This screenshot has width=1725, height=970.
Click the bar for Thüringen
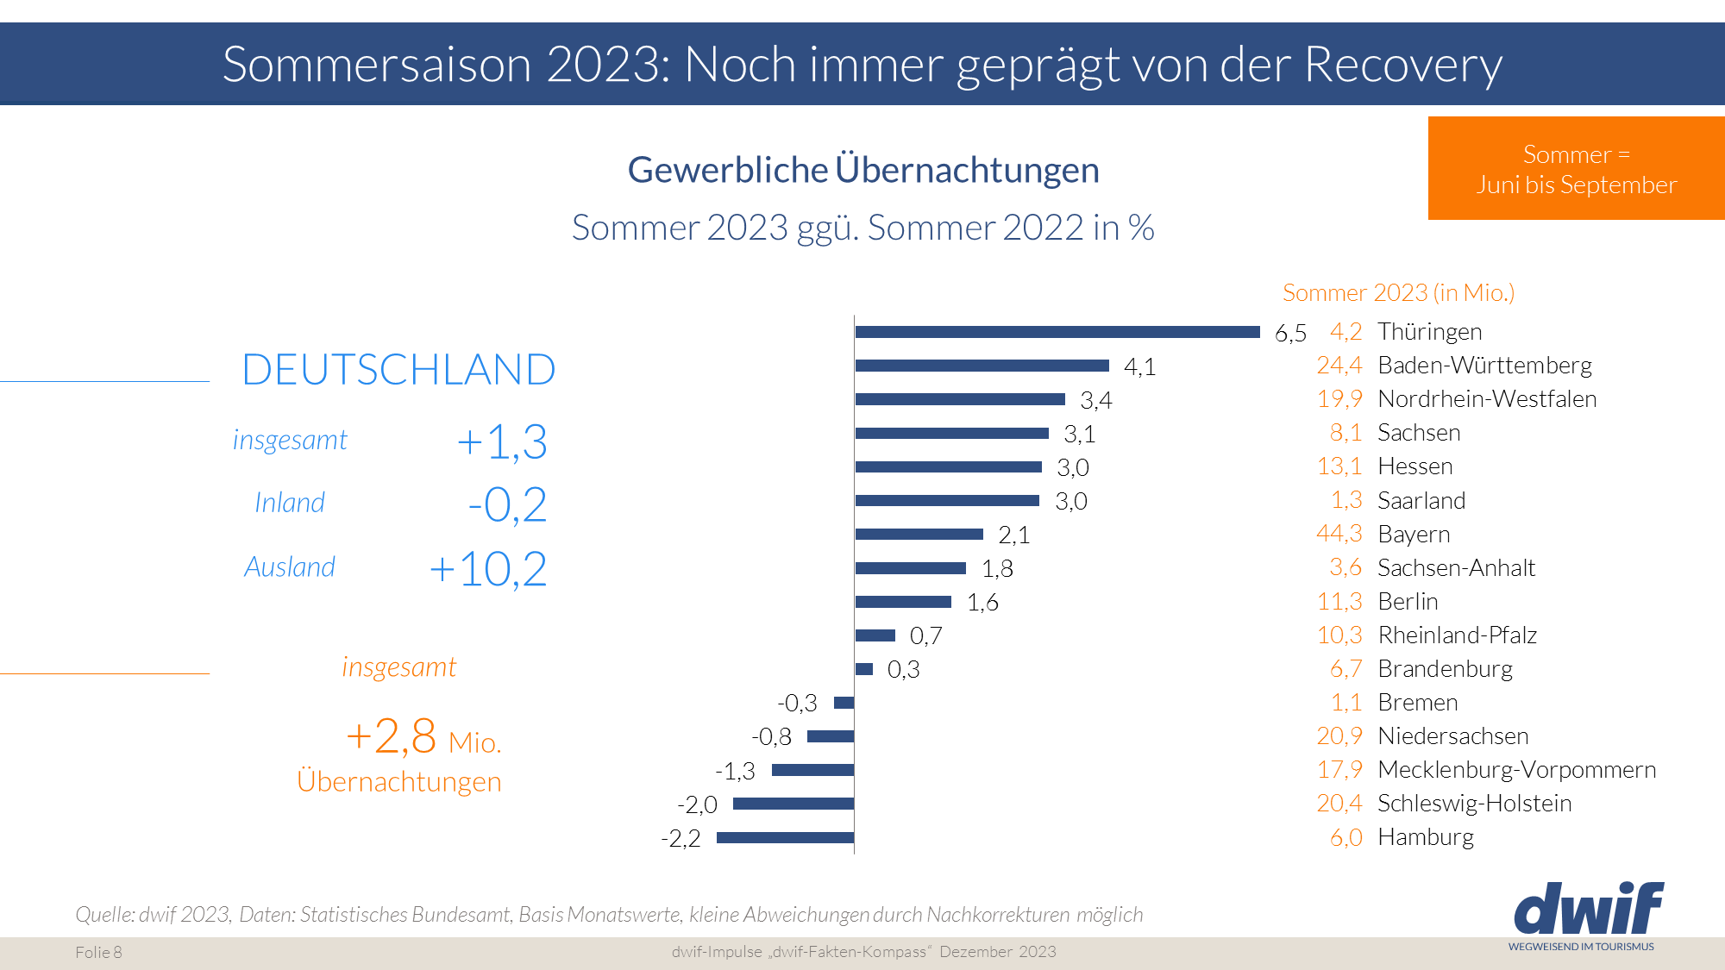coord(1057,332)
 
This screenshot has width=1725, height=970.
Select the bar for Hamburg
coord(785,837)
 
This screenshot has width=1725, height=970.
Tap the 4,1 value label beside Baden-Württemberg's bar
coord(1139,366)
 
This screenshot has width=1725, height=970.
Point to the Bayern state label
coord(1414,534)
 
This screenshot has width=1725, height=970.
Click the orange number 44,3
coord(1339,534)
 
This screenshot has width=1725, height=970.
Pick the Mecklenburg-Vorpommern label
coord(1516,769)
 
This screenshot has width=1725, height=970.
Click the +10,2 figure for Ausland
coord(488,569)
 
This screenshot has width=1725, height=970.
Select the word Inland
coord(290,503)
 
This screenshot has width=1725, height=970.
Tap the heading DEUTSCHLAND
coord(398,370)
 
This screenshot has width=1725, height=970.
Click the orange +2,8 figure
coord(391,736)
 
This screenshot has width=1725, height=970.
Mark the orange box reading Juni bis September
coord(1576,169)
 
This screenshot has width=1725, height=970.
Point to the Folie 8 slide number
coord(98,952)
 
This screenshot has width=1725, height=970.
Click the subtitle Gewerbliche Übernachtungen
coord(863,170)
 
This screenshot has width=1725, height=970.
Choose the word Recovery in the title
coord(1402,65)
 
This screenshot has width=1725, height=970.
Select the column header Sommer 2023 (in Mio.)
coord(1398,293)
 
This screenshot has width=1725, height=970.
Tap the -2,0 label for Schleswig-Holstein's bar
coord(697,804)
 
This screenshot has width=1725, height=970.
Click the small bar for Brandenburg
coord(864,669)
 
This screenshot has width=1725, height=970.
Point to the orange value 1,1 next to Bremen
coord(1345,703)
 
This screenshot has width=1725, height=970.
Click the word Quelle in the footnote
coord(103,914)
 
